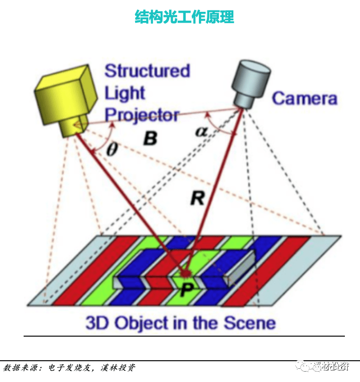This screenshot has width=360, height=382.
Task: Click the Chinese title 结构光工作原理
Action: click(x=184, y=17)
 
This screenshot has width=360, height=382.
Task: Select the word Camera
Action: click(x=305, y=99)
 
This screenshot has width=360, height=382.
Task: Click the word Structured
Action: click(x=147, y=71)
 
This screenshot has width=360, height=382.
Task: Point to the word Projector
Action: click(x=142, y=115)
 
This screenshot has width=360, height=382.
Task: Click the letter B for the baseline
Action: click(x=150, y=139)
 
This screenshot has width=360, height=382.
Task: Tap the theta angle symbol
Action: click(x=111, y=150)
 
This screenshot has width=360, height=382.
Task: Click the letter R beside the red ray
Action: click(x=197, y=198)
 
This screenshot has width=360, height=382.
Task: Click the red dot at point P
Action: click(x=185, y=273)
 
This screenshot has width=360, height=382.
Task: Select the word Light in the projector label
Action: click(x=125, y=93)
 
